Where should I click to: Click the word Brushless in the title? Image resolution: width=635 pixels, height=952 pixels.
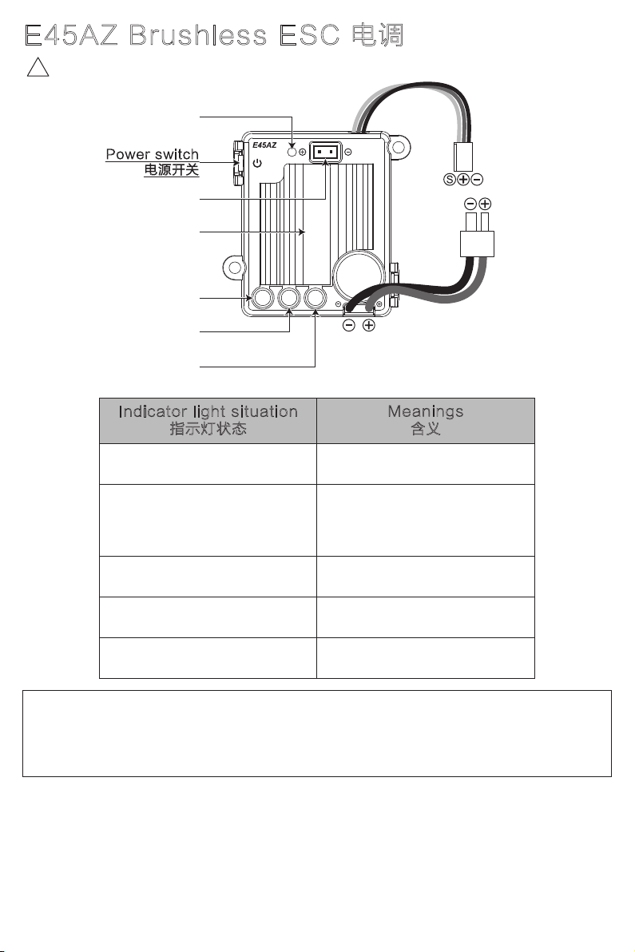click(197, 35)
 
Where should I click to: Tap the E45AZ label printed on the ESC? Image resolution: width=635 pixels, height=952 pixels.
click(264, 145)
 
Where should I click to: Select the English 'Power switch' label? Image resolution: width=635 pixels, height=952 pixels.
click(153, 154)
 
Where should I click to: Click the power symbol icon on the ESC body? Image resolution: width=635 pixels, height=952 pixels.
click(257, 163)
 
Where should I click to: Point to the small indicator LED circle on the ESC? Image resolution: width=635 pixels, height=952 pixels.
click(292, 151)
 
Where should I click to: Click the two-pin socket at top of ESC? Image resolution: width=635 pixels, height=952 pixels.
click(325, 151)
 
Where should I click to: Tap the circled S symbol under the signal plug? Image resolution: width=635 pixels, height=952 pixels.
click(449, 179)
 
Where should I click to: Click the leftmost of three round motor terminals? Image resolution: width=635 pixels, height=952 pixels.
click(262, 298)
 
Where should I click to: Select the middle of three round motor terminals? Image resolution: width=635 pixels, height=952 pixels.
click(289, 298)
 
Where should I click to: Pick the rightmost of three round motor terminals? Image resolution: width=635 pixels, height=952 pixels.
click(315, 298)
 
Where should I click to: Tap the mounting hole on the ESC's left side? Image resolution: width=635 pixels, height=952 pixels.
click(234, 267)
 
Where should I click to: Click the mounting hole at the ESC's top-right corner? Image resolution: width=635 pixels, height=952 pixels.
click(398, 147)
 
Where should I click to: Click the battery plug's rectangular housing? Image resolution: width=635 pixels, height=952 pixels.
click(477, 244)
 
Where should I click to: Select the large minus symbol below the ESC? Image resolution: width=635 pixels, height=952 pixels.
click(349, 325)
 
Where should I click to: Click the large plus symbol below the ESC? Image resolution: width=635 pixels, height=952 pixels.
click(369, 325)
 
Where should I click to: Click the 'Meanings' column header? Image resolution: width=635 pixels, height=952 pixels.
click(426, 412)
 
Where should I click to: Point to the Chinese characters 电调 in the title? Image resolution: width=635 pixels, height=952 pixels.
click(378, 35)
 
